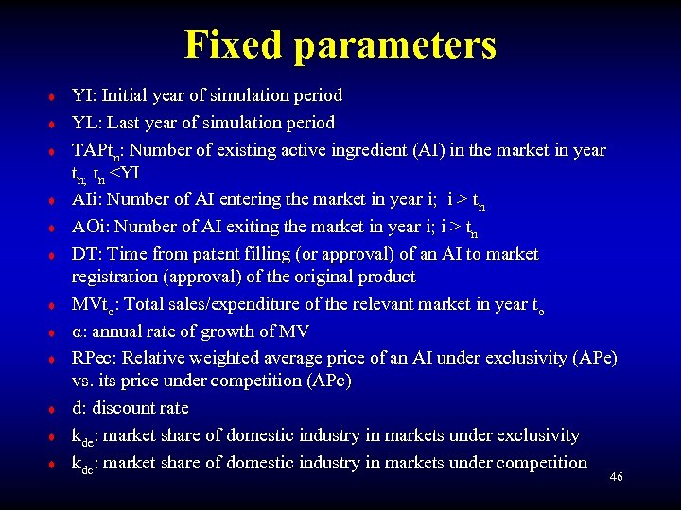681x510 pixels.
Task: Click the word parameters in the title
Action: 394,45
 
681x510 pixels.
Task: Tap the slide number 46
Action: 617,478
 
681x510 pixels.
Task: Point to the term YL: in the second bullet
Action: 86,123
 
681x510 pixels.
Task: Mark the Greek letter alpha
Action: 78,331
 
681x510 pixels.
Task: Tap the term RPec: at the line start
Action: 96,359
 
